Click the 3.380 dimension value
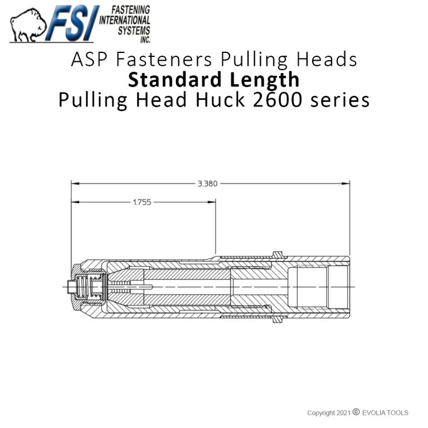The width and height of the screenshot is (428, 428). [x=207, y=183]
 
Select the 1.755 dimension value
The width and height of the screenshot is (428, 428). [x=142, y=202]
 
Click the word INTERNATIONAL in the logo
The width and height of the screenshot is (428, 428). [x=126, y=20]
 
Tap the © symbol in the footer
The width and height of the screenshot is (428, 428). [x=356, y=412]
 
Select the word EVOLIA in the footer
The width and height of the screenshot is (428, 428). [x=375, y=413]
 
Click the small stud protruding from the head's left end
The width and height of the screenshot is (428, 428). [x=70, y=287]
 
